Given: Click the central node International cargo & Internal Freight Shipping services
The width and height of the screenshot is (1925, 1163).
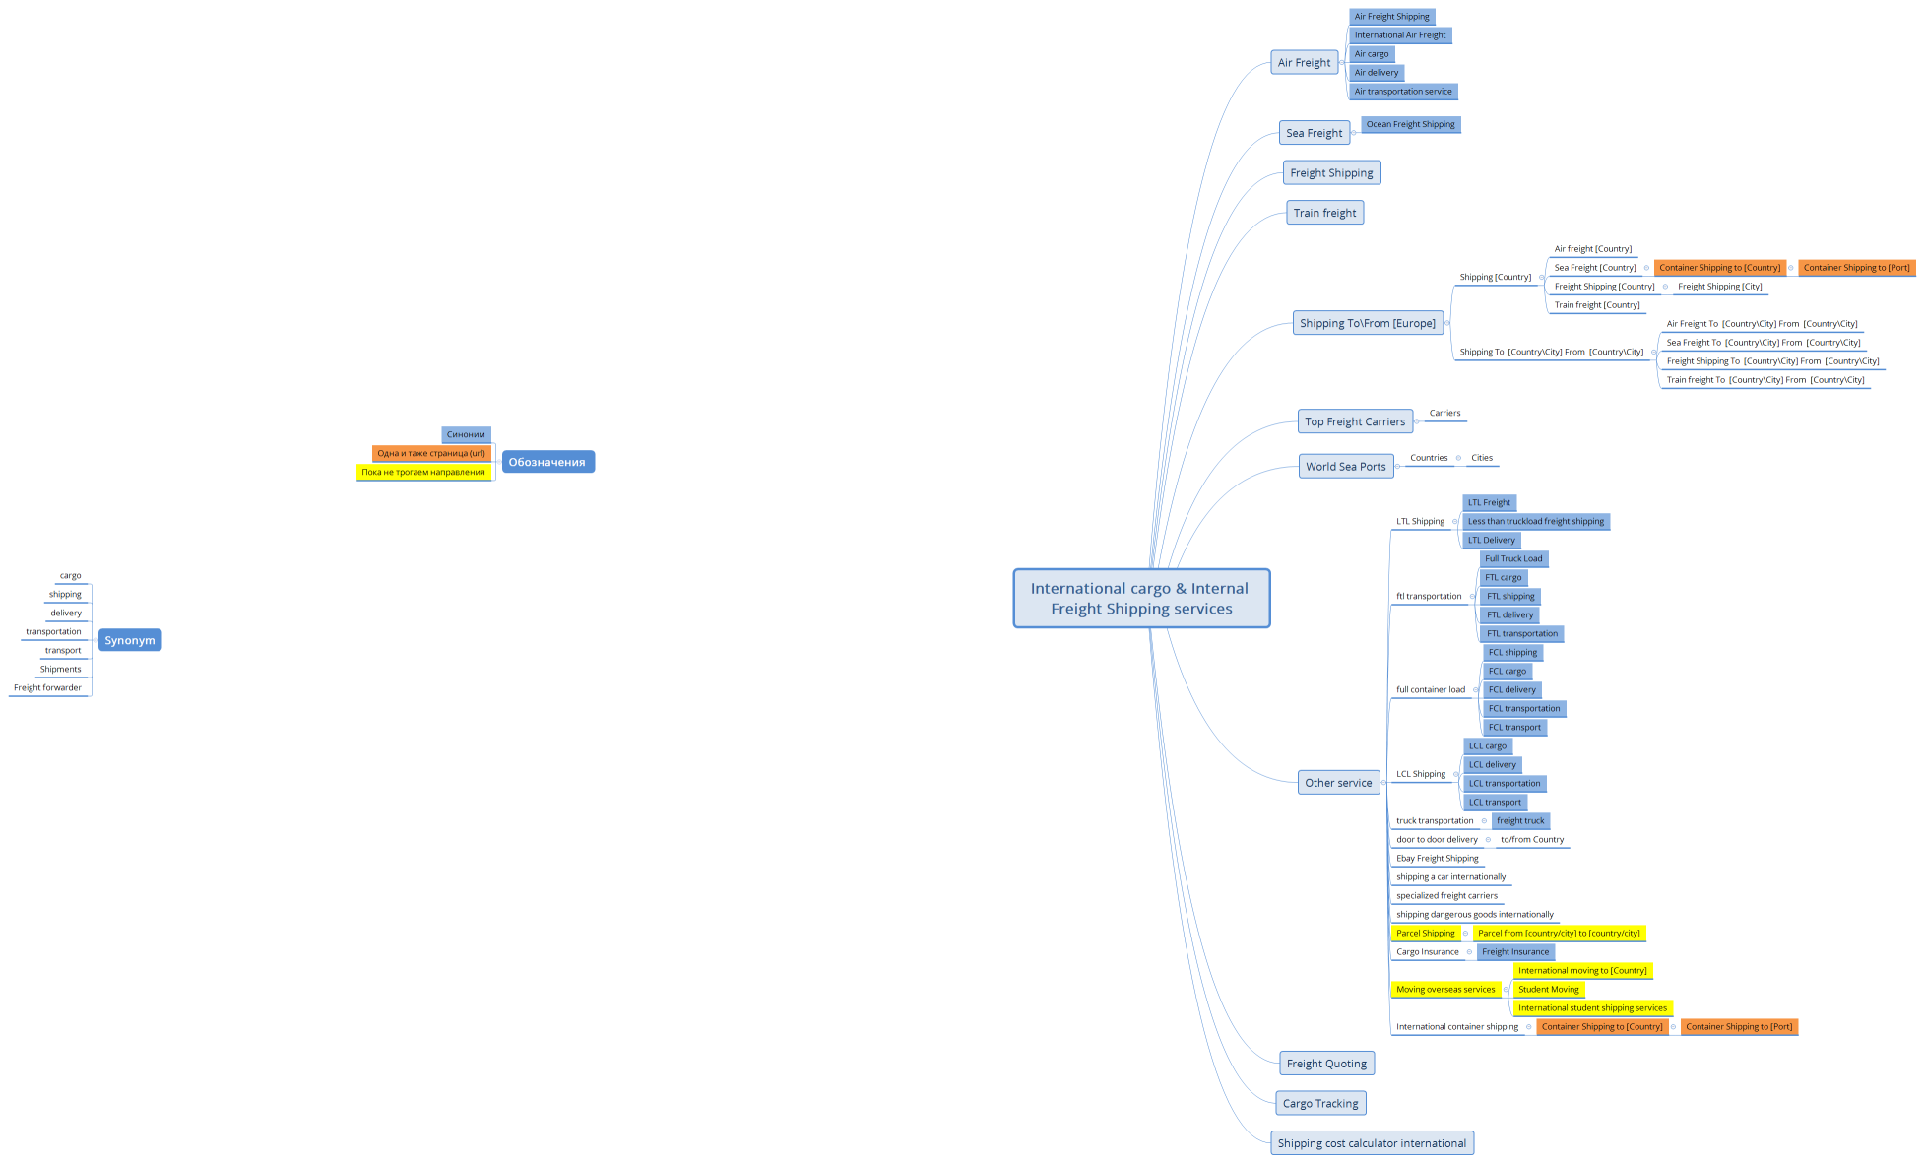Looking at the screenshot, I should pyautogui.click(x=1141, y=598).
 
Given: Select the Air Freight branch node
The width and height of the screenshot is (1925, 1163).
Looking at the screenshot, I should pyautogui.click(x=1304, y=62).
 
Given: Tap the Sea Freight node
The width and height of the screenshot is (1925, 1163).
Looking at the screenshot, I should pyautogui.click(x=1314, y=133).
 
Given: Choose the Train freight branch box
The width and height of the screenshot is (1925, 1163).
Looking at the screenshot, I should pyautogui.click(x=1324, y=213).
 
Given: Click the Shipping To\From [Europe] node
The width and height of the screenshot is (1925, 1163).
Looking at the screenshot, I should pyautogui.click(x=1367, y=323).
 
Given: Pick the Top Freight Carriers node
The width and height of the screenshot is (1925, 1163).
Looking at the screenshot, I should pyautogui.click(x=1355, y=421).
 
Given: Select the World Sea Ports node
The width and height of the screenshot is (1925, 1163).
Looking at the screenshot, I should pyautogui.click(x=1345, y=467).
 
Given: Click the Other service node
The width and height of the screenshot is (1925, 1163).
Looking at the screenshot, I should pyautogui.click(x=1338, y=783).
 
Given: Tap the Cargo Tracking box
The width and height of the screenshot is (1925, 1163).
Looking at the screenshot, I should pyautogui.click(x=1319, y=1103).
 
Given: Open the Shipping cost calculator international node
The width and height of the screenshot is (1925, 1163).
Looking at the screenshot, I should pyautogui.click(x=1371, y=1143).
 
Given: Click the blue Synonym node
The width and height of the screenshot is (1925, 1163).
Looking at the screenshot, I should pyautogui.click(x=129, y=640).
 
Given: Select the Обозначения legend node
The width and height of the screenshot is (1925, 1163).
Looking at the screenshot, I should pyautogui.click(x=546, y=462).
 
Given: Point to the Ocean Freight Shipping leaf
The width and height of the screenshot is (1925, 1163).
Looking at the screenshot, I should pyautogui.click(x=1410, y=124).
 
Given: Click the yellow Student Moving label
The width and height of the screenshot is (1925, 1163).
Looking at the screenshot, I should pyautogui.click(x=1548, y=989).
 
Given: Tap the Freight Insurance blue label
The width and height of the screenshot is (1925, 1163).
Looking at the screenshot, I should pyautogui.click(x=1514, y=951).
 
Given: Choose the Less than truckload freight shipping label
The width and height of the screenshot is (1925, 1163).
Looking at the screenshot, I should pyautogui.click(x=1535, y=521).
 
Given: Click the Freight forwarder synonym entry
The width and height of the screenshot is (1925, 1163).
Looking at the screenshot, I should pyautogui.click(x=48, y=687).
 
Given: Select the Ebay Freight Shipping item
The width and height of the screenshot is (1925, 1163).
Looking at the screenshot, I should pyautogui.click(x=1437, y=858).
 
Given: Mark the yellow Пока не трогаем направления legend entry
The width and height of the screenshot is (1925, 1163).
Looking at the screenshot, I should pyautogui.click(x=422, y=472).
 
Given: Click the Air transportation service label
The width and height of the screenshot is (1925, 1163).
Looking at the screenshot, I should pyautogui.click(x=1402, y=92).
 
